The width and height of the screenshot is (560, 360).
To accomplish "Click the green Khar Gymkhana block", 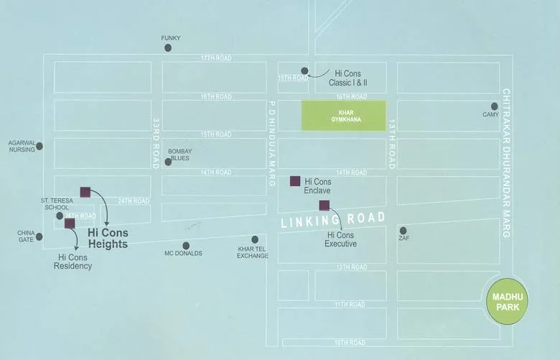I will pos(343,116).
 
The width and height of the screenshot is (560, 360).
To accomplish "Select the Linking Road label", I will pos(332,220).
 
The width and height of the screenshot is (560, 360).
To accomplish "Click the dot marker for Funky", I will pos(168,48).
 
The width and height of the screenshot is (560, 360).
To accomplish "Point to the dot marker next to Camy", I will pos(494,106).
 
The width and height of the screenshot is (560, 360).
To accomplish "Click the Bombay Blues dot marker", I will pos(168,162).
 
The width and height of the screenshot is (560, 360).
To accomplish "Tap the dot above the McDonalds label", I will pos(186,246).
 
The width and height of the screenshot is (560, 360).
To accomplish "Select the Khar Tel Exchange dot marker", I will pos(255,239).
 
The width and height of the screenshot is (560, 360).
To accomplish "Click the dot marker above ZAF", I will pos(403,231).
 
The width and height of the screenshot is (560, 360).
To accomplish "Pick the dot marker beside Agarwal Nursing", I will pos(39,146).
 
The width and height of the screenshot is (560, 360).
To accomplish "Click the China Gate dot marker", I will pos(39,236).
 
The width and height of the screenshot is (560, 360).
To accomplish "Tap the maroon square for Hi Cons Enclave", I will pos(294,181).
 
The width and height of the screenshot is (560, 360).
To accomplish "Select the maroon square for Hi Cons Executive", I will pos(325,206).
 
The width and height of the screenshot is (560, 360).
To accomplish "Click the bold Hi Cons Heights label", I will pos(108,239).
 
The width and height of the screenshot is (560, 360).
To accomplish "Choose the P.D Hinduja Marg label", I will pos(272,144).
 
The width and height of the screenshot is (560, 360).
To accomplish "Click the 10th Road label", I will pos(350,342).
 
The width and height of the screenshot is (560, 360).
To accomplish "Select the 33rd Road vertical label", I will pos(155,144).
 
